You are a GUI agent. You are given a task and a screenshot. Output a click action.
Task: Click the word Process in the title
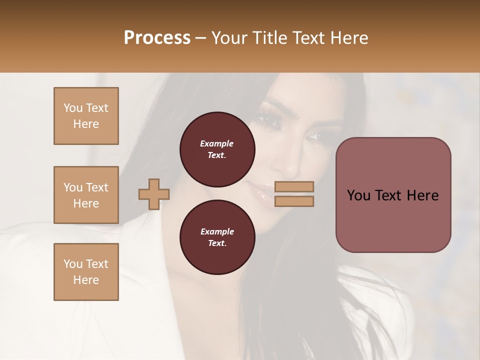click(x=157, y=38)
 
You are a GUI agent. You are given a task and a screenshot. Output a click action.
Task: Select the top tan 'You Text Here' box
click(x=86, y=116)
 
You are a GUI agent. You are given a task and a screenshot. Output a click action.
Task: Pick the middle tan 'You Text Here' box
click(x=86, y=195)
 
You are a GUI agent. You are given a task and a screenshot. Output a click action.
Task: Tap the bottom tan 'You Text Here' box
click(x=86, y=272)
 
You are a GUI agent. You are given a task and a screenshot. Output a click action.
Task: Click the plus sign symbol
click(x=154, y=194)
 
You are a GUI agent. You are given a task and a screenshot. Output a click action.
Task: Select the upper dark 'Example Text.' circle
click(x=217, y=149)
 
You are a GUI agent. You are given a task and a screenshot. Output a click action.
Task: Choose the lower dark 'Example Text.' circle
click(x=217, y=237)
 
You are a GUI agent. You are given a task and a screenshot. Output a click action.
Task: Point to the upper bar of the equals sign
click(x=294, y=186)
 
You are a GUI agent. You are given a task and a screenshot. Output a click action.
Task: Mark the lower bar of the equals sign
click(x=294, y=201)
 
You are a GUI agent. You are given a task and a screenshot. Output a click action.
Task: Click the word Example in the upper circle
click(x=217, y=144)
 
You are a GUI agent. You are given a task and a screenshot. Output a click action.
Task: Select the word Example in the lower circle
click(x=217, y=232)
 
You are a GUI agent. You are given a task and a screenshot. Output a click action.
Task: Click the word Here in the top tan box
click(x=86, y=124)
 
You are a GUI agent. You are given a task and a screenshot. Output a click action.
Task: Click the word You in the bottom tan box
click(x=73, y=264)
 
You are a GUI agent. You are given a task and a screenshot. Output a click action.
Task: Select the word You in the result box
click(x=358, y=195)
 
